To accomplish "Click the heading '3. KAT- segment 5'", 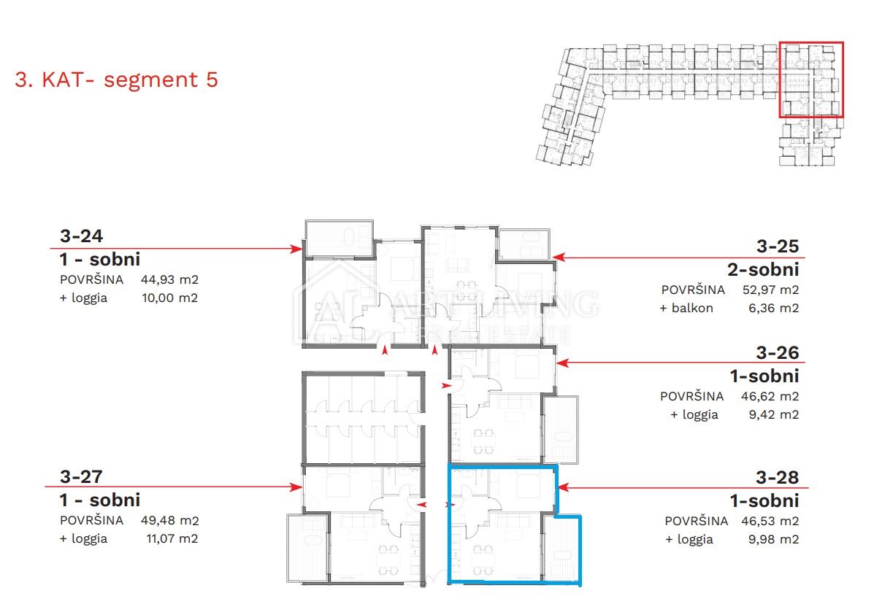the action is click(116, 80).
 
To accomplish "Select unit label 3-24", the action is click(81, 236).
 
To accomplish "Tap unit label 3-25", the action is click(778, 246).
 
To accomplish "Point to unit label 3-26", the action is click(778, 352).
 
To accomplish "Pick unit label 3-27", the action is click(81, 476).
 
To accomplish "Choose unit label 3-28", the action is click(778, 477).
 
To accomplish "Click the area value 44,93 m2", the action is click(169, 279).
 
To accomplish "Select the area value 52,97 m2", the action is click(770, 290).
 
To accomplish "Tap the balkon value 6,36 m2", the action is click(773, 308).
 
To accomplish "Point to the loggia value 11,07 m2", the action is click(172, 538).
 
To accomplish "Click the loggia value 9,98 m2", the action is click(773, 539).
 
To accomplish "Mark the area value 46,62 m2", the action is click(770, 396).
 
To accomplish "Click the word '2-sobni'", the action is click(763, 270).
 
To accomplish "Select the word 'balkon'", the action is click(692, 308).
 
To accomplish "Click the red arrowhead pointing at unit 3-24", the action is click(296, 249).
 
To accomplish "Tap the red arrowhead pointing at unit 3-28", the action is click(564, 487).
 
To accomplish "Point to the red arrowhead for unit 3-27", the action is click(296, 487).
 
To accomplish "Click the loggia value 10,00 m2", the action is click(170, 298).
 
